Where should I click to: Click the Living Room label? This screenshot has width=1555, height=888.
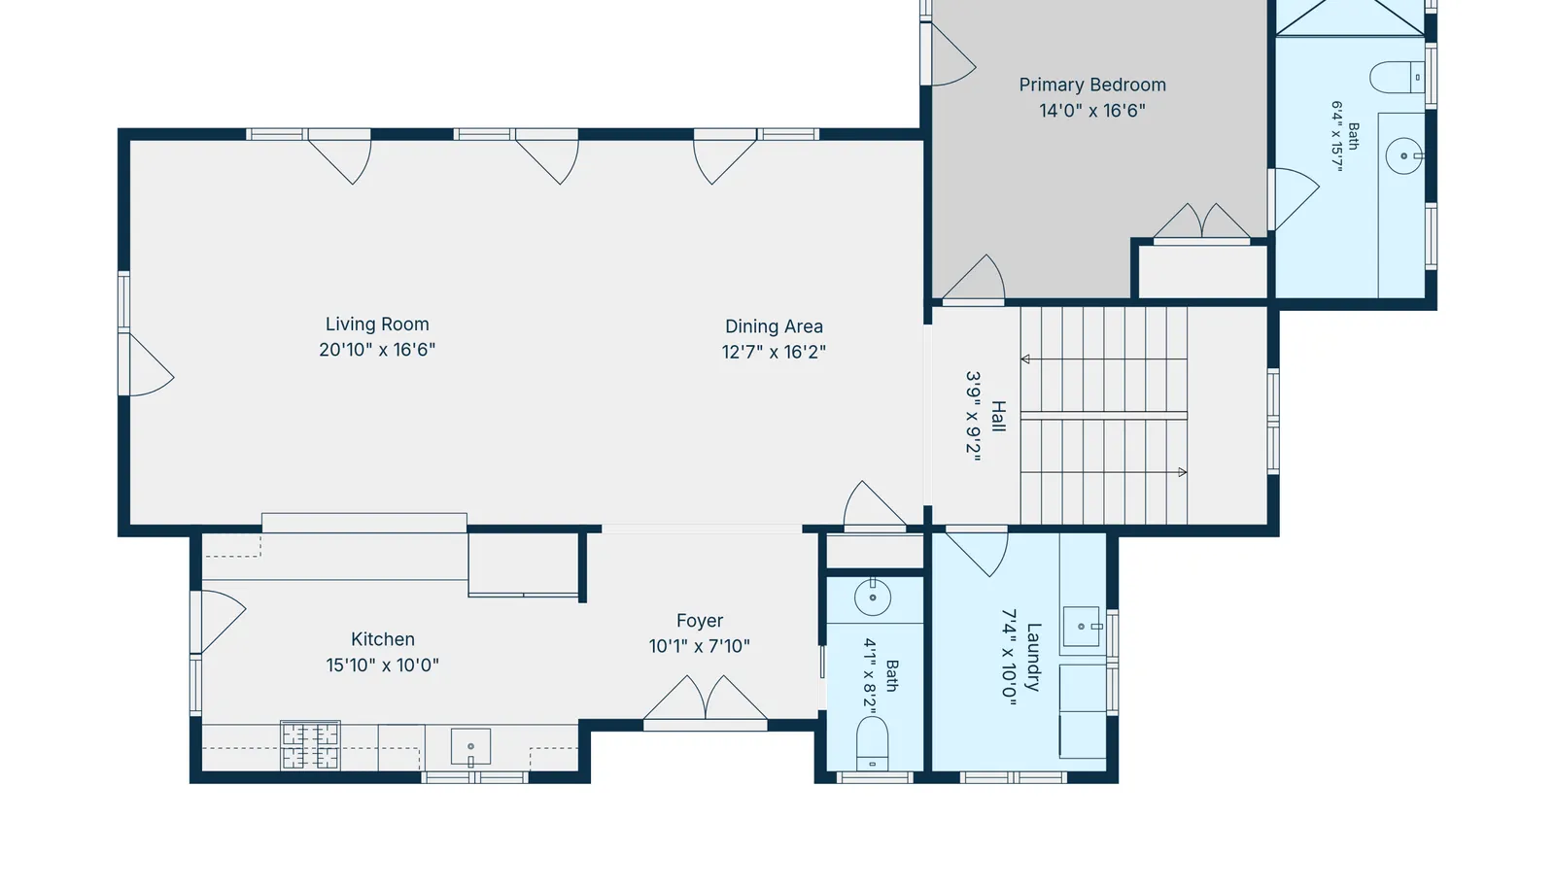coord(378,324)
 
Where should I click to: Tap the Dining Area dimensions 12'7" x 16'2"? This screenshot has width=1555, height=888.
coord(774,352)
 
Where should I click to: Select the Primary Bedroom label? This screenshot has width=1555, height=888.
coord(1092,85)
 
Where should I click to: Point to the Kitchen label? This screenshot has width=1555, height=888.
coord(383,639)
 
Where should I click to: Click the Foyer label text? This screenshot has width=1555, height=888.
coord(700,621)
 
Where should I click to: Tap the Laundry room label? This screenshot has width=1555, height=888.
coord(1033,657)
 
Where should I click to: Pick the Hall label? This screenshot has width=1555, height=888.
coord(998,416)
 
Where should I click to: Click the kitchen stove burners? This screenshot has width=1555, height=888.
coord(310,746)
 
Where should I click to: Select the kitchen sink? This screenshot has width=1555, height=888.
coord(470,746)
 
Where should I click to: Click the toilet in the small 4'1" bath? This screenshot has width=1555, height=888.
coord(873,743)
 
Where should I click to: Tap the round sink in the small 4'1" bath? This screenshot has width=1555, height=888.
coord(873,598)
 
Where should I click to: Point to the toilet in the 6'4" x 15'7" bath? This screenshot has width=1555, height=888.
coord(1397,77)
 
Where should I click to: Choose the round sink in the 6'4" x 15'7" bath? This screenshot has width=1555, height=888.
coord(1403,155)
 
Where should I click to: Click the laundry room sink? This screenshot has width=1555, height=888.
coord(1082,627)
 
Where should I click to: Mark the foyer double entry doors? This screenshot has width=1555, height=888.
coord(706,700)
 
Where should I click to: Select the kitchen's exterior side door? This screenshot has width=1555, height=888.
coord(219,622)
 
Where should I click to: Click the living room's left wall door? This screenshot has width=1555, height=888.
coord(147,365)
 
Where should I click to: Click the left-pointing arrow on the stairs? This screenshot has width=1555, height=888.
coord(1025,359)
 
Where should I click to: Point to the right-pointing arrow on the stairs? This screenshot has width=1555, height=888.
coord(1182,472)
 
